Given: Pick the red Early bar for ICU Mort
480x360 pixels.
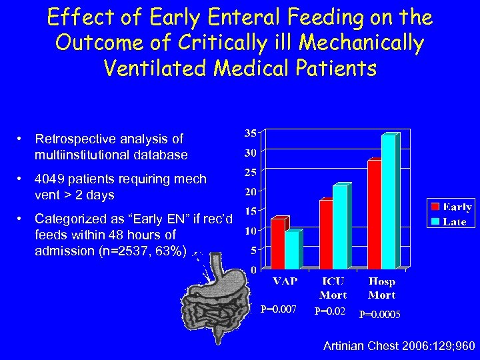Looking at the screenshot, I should (326, 235).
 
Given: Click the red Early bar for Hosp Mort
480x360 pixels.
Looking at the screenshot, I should (375, 215).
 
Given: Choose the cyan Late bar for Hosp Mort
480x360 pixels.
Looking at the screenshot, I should (389, 202).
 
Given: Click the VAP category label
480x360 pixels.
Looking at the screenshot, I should (285, 282).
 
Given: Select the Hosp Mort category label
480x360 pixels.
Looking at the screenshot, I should (381, 288).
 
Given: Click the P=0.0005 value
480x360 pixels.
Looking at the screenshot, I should (380, 314).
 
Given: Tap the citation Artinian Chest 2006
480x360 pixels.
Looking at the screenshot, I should (398, 346).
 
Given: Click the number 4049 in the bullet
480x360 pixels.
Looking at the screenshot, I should (49, 179).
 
